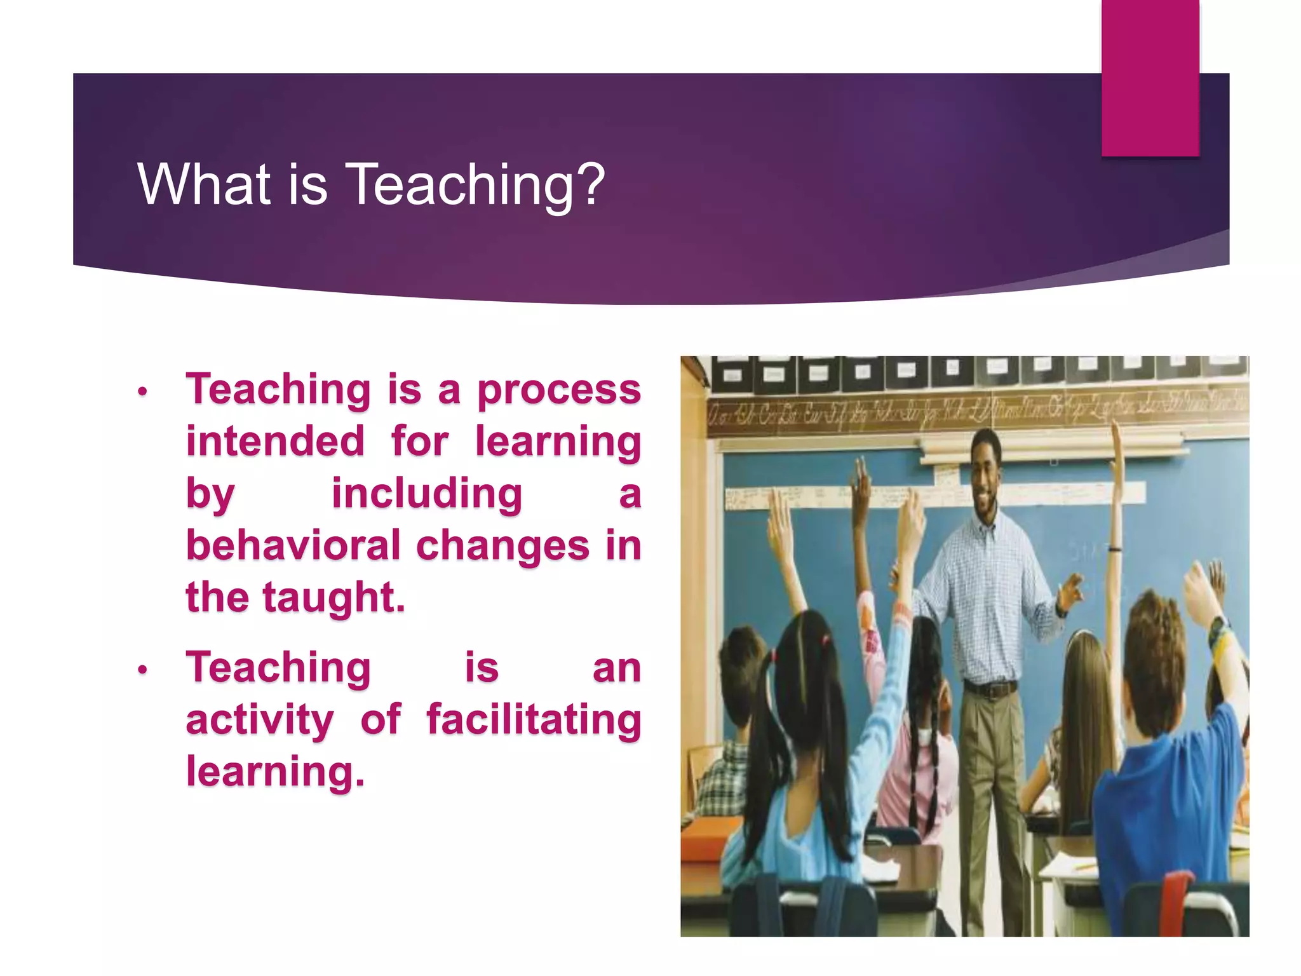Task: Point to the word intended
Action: pos(275,441)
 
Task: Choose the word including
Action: pos(427,493)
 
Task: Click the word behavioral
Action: pos(293,545)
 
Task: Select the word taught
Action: pos(334,598)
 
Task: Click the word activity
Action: pos(259,720)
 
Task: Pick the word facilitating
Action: pos(534,719)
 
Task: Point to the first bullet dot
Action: pos(143,391)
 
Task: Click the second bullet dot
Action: pos(143,670)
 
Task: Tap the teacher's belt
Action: pos(992,688)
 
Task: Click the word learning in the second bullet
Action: pos(275,771)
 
